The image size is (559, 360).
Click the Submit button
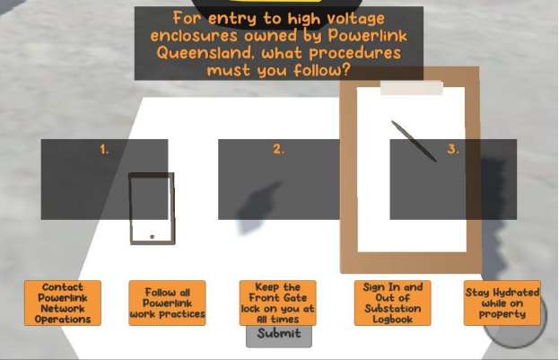[279, 336]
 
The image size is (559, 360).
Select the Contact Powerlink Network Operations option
[63, 303]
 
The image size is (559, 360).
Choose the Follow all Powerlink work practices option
[167, 303]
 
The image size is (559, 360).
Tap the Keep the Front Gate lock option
[278, 303]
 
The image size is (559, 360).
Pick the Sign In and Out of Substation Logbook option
[392, 303]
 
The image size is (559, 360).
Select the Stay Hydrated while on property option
[502, 303]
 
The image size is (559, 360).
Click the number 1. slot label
[104, 149]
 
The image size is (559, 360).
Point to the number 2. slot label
[279, 149]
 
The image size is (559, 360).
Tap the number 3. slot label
[453, 149]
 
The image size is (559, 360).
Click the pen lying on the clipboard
[414, 141]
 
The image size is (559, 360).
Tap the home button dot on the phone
[153, 236]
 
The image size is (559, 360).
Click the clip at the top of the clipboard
[412, 88]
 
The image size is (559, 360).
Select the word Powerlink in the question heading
[368, 35]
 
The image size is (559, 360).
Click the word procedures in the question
[355, 54]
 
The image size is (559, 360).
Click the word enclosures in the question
[194, 36]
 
